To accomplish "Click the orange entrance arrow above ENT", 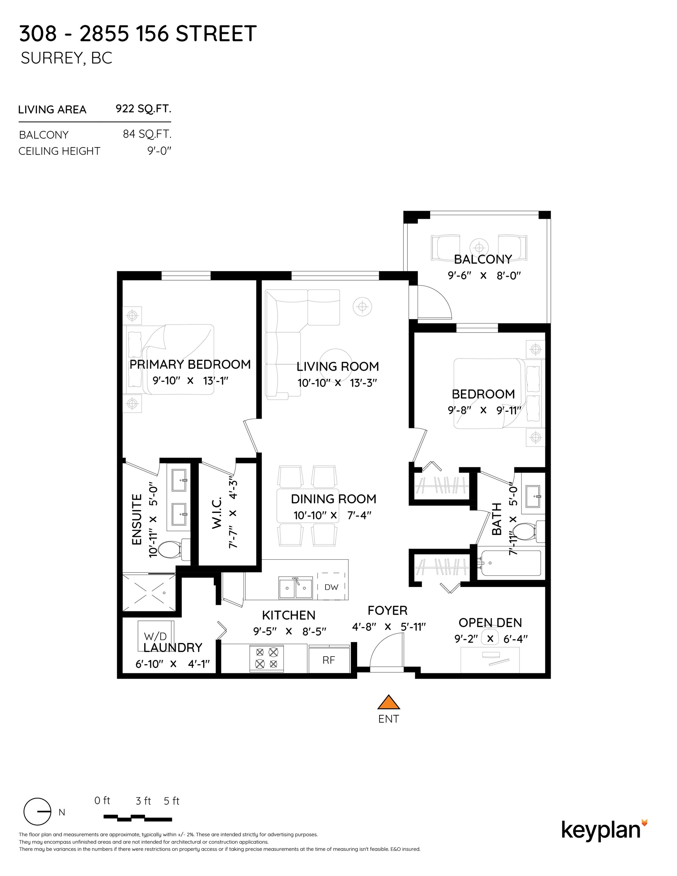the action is pos(388,703).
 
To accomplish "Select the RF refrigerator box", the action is pos(329,660).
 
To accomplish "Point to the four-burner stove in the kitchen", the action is pos(267,658).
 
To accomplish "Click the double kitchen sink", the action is pos(296,588).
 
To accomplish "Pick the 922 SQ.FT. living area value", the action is pos(143,109).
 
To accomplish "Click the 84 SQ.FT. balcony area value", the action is pos(147,134).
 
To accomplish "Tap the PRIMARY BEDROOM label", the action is pos(190,364).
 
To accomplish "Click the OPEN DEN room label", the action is pos(490,622).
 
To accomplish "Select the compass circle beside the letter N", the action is pos(37,812).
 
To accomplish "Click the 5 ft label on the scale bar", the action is pos(172,801).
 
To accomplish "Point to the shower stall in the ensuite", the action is pos(149,593).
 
